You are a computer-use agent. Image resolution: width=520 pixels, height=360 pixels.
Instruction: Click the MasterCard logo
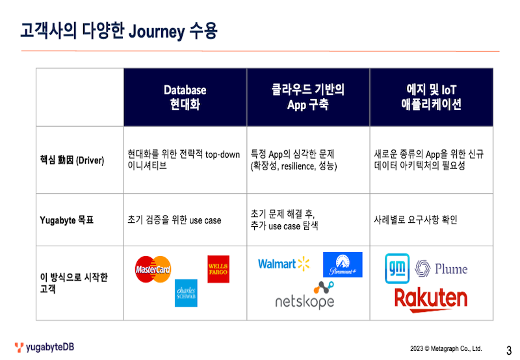(x=153, y=269)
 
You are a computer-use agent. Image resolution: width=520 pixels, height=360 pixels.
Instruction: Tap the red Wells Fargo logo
(x=218, y=269)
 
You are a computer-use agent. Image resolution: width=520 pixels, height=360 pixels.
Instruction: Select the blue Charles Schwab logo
(x=186, y=293)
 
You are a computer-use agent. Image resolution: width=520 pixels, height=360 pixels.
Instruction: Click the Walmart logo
(x=284, y=264)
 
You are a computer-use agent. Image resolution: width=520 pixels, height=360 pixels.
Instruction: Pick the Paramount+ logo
(x=343, y=264)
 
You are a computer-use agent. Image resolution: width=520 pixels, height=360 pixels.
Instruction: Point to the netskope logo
(x=305, y=296)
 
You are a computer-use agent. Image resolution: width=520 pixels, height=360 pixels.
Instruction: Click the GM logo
(x=397, y=268)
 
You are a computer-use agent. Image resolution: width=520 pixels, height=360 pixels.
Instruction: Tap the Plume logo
(x=441, y=268)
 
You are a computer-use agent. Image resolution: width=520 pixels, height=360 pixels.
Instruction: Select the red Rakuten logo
(x=431, y=300)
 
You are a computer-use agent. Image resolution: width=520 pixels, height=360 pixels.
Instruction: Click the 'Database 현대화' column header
(x=185, y=97)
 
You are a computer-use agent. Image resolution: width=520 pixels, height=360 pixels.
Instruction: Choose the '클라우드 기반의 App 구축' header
(x=308, y=97)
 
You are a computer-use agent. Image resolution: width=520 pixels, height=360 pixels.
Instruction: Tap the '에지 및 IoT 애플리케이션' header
(x=431, y=97)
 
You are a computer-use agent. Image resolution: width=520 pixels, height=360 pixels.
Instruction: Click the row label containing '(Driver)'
(x=72, y=160)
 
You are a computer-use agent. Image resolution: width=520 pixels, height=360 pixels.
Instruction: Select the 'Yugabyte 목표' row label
(x=67, y=220)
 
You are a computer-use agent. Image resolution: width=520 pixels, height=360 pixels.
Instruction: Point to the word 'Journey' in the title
(x=157, y=32)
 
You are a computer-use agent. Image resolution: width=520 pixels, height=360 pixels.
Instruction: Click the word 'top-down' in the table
(x=222, y=155)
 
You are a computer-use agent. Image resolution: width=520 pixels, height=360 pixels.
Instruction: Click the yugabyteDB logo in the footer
(x=44, y=347)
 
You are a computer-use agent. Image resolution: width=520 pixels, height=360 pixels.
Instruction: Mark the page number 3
(x=509, y=350)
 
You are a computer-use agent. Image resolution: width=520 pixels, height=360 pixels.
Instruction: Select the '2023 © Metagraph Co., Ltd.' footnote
(x=446, y=348)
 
